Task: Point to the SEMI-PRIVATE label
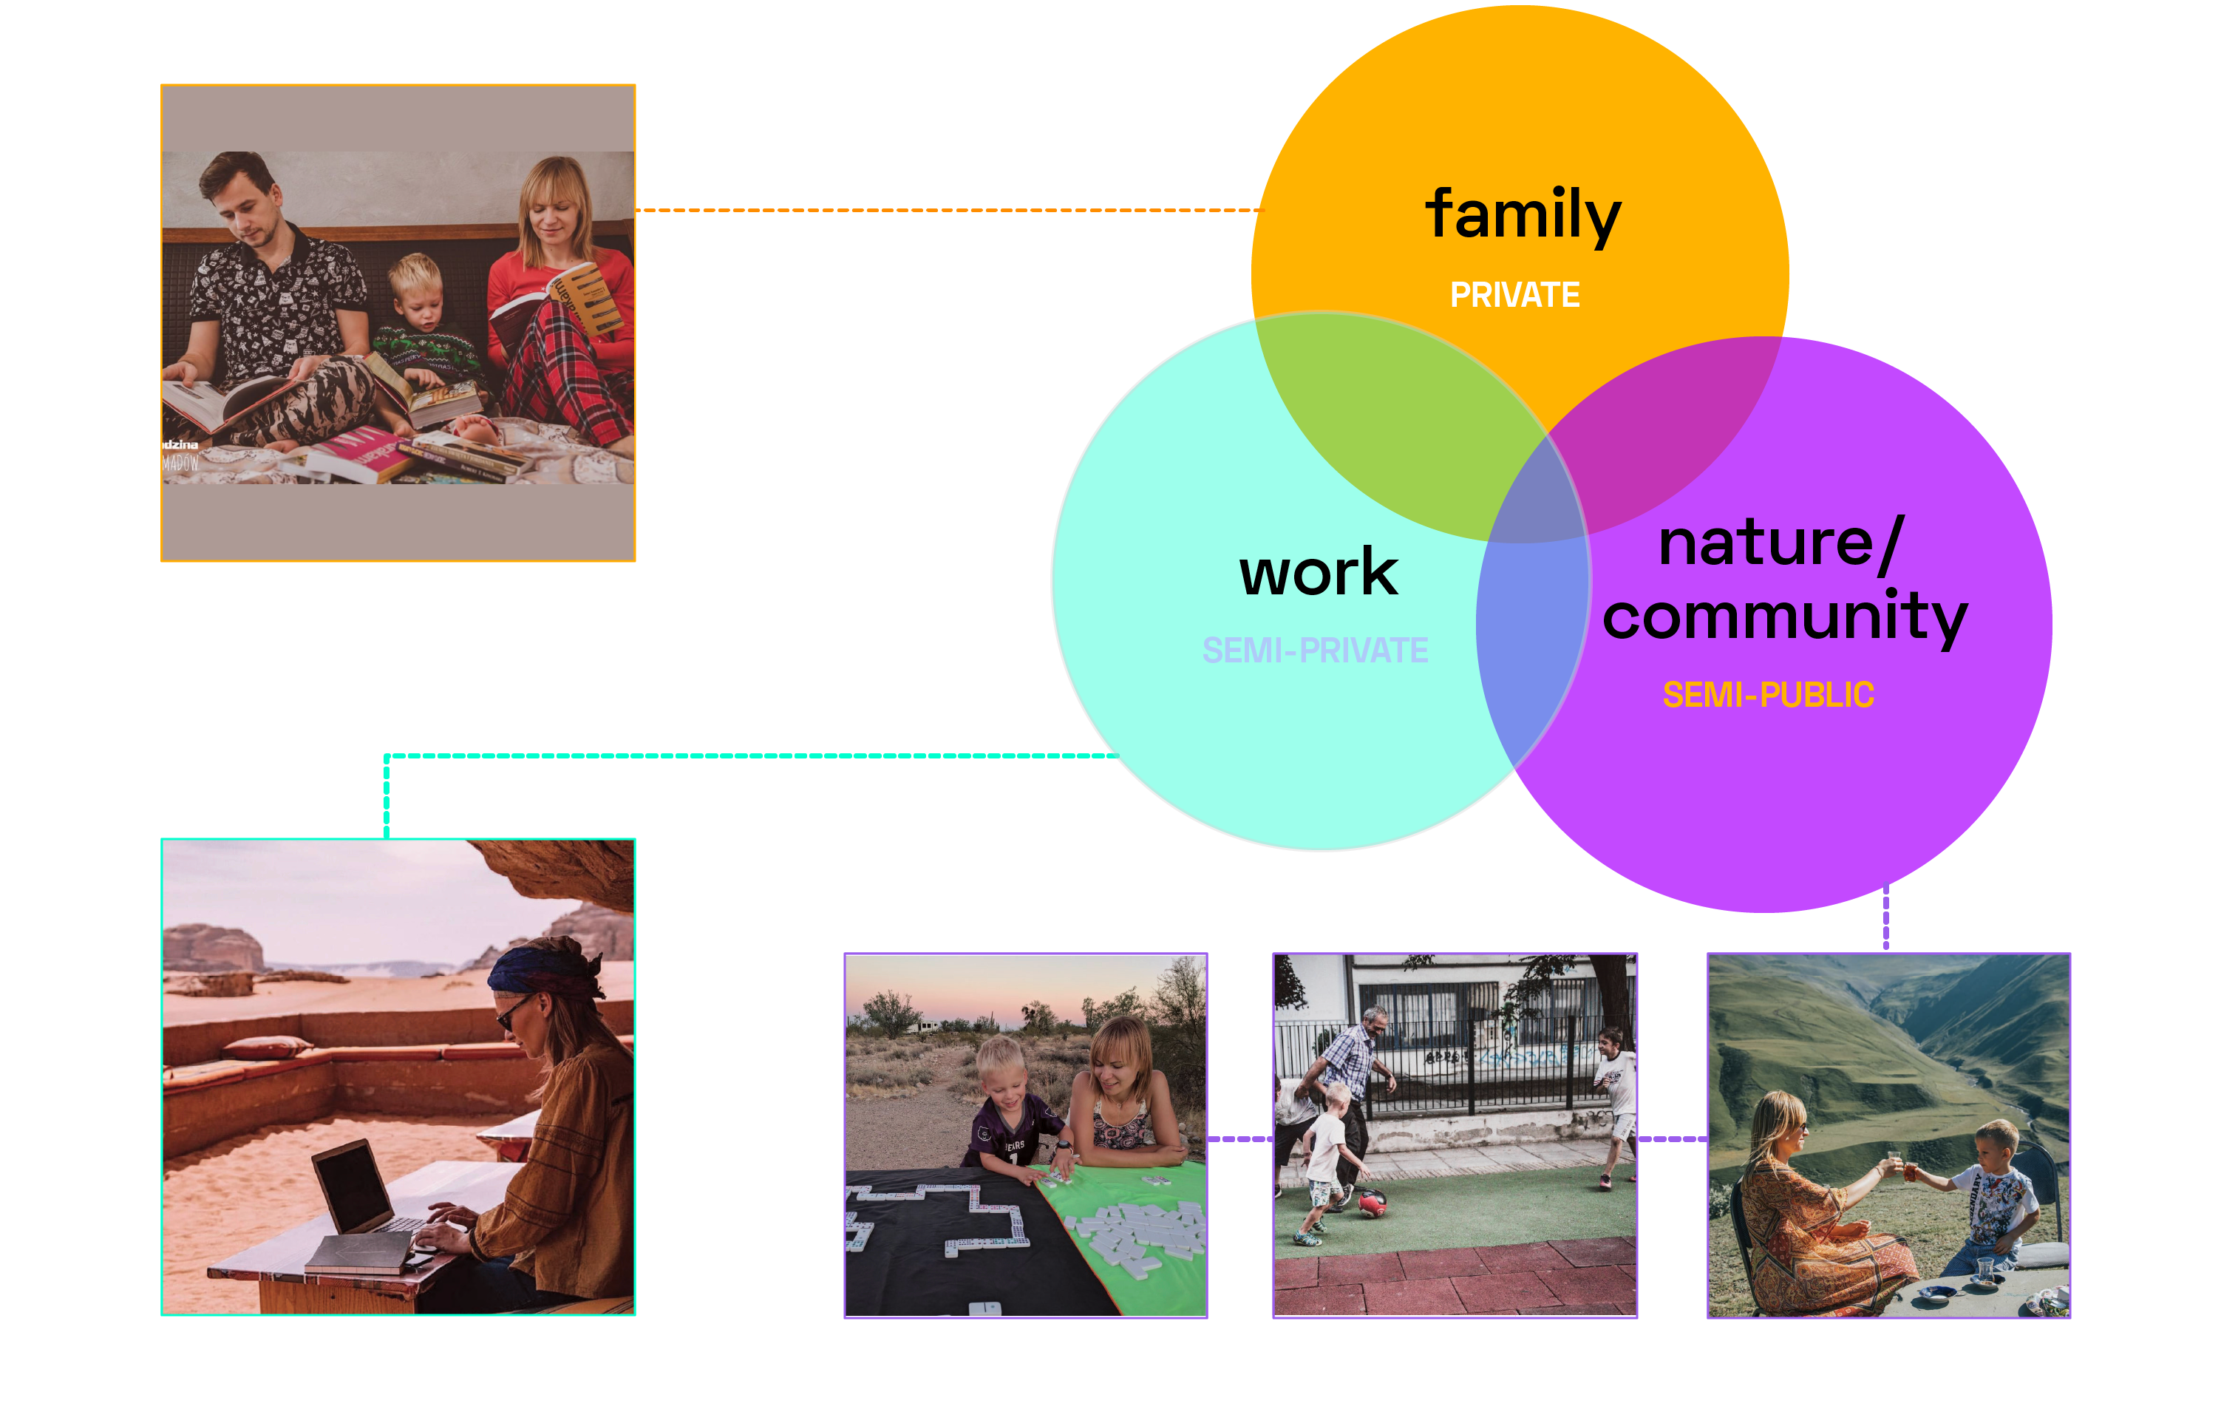[x=1314, y=651]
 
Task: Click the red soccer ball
[x=1372, y=1203]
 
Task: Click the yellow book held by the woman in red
[x=585, y=297]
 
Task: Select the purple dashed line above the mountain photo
[x=1885, y=916]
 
